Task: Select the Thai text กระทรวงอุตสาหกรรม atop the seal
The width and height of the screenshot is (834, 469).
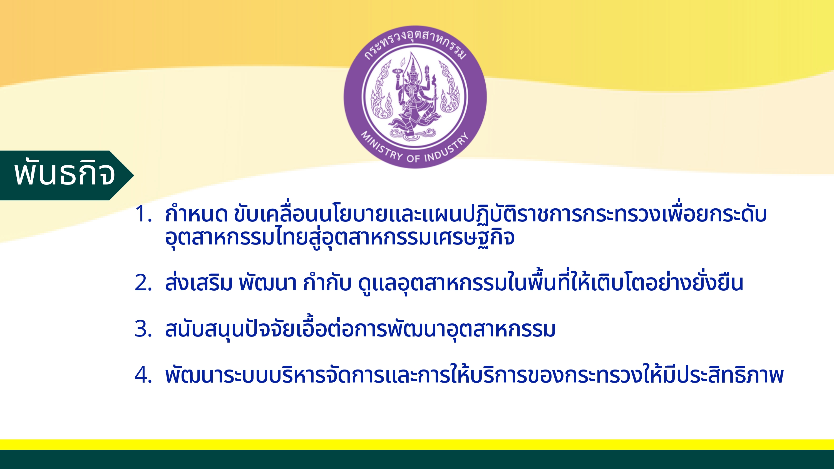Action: click(415, 44)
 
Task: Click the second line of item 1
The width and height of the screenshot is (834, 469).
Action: click(340, 237)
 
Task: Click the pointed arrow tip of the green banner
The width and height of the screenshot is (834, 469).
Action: click(133, 175)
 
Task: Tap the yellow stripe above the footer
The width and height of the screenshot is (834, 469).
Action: click(417, 444)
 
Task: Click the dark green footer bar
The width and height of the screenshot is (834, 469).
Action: click(417, 459)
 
